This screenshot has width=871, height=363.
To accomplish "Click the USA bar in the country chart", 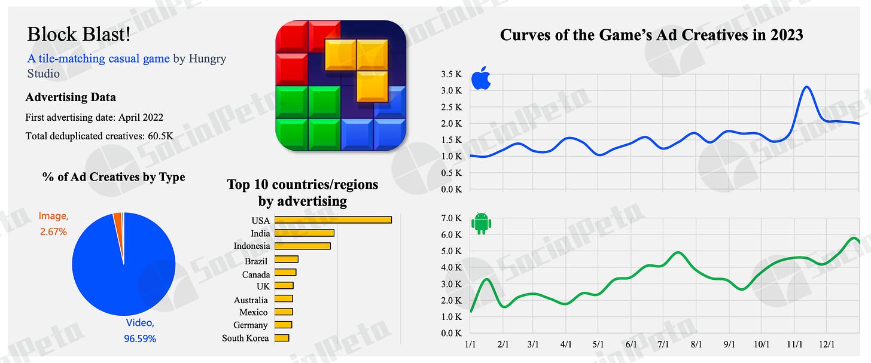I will (333, 220).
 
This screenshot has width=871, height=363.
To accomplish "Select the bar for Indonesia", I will (302, 246).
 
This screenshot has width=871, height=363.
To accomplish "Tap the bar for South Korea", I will (281, 338).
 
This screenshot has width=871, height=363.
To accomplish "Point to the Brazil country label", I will (256, 261).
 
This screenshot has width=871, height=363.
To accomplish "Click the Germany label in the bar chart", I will (251, 325).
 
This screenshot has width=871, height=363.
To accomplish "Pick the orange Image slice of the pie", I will (118, 221).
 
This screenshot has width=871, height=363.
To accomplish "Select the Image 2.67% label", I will (54, 222).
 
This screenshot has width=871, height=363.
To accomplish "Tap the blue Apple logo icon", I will (481, 79).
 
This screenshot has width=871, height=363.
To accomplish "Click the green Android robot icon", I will (481, 224).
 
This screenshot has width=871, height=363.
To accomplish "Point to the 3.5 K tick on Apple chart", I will (451, 75).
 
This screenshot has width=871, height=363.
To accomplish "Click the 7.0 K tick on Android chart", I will (451, 218).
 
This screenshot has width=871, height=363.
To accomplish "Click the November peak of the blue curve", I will (806, 87).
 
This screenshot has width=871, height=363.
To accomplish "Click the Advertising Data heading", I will (71, 97).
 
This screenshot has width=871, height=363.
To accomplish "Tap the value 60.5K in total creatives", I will (160, 136).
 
